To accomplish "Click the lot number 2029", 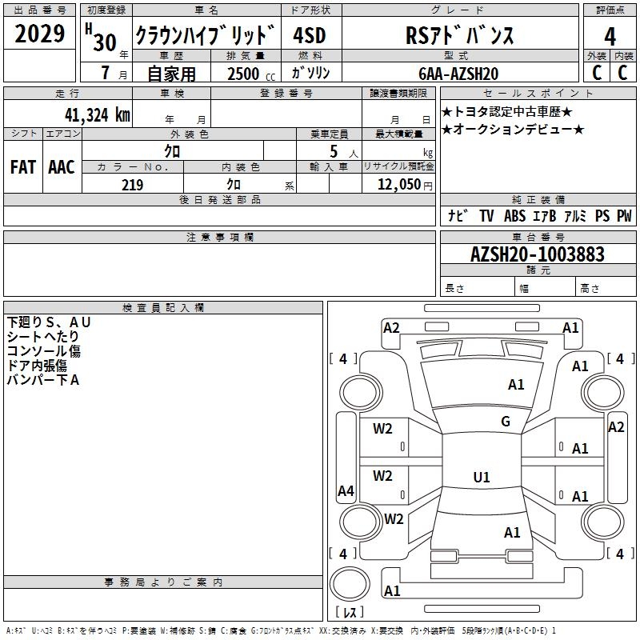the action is point(39,33).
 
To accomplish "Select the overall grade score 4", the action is point(610,37).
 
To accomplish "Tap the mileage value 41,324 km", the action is point(98,114).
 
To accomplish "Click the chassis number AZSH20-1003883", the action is point(537,254).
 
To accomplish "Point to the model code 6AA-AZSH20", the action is point(458,74).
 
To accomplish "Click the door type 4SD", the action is point(309,35).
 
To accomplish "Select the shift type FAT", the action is point(23,167).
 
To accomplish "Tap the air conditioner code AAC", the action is point(62,167).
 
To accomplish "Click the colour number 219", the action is point(132,185).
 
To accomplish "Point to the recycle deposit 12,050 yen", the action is point(405,185).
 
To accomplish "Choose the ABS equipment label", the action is point(514,215).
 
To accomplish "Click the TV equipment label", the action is point(486,215).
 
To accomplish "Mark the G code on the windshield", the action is point(506,422).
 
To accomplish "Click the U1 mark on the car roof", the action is point(482,477).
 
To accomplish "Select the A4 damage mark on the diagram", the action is point(346,490).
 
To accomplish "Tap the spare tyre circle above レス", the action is point(350,584).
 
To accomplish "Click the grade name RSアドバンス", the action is point(459,35).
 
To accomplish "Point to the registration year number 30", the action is point(105,42).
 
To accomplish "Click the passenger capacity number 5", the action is point(334,151).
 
